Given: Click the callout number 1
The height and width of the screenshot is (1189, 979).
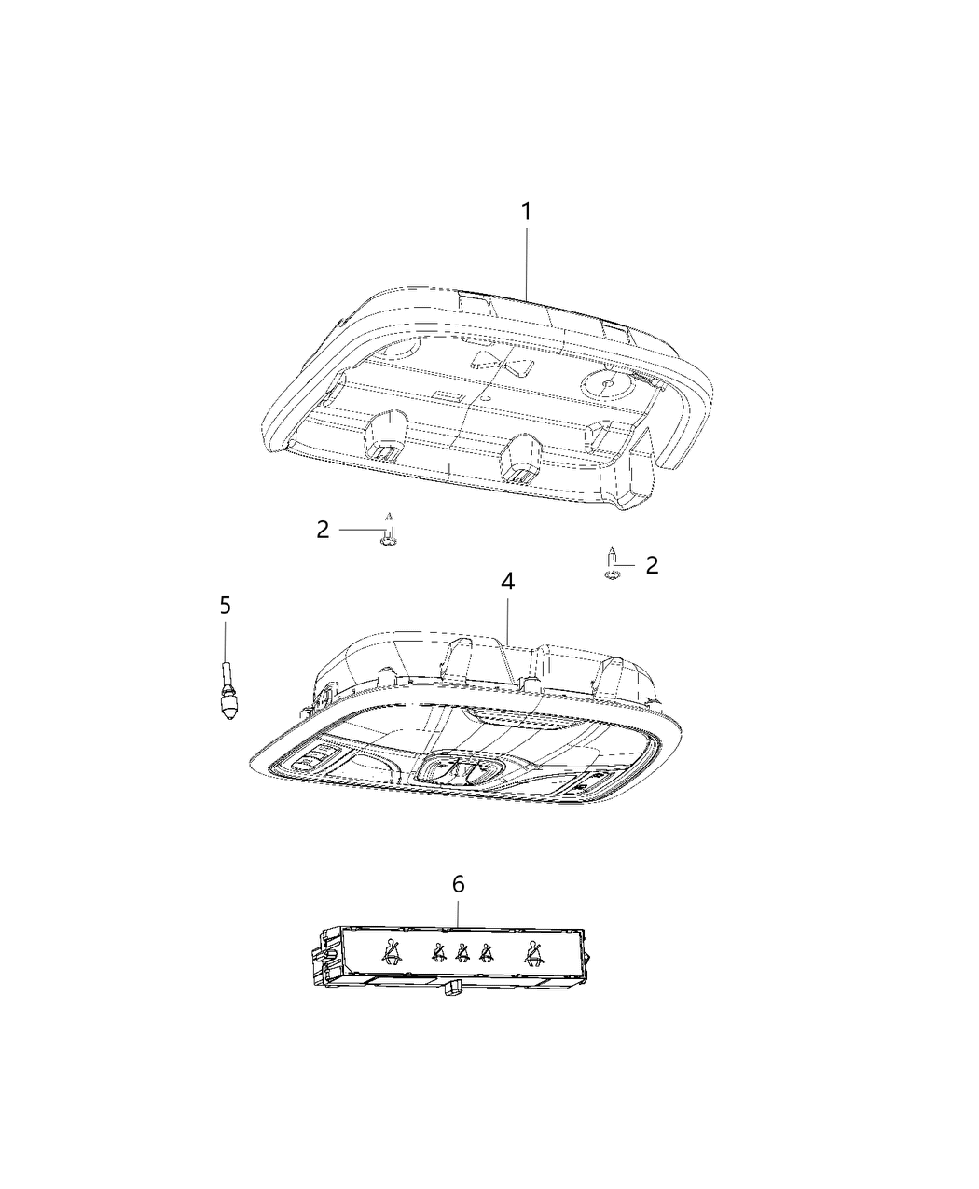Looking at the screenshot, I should click(526, 213).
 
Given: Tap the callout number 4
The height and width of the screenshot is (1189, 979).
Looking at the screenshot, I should click(507, 582).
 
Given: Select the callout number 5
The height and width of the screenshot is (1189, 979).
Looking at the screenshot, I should click(225, 605).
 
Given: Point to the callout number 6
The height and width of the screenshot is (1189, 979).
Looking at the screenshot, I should click(458, 884).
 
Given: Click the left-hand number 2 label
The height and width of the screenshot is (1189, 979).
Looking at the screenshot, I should click(323, 530).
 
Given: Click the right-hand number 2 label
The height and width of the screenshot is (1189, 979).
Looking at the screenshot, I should click(652, 564).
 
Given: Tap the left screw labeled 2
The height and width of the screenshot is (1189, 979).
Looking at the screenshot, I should click(390, 535).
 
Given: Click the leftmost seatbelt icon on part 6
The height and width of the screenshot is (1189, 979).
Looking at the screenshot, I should click(391, 953).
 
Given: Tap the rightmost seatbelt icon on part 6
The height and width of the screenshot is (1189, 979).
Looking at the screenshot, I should click(534, 953).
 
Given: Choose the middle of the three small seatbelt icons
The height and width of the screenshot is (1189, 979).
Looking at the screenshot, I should click(461, 953).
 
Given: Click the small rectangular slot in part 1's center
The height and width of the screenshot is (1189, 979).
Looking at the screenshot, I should click(449, 396).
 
